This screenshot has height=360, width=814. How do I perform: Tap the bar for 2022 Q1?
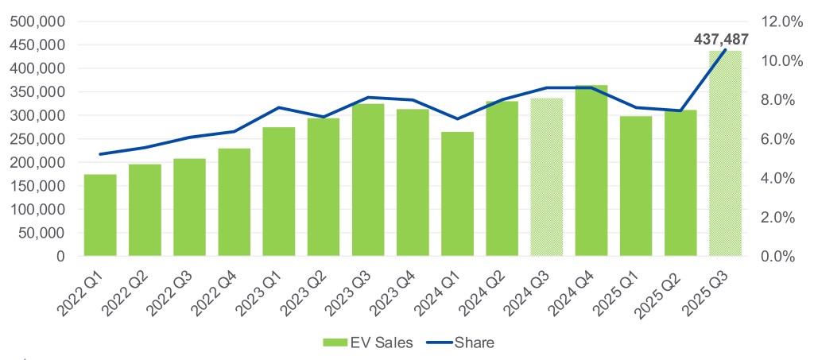(x=100, y=215)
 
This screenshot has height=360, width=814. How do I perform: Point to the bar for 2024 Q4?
(x=591, y=170)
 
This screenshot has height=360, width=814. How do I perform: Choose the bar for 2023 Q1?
(x=278, y=192)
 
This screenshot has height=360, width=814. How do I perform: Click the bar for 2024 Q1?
(x=457, y=194)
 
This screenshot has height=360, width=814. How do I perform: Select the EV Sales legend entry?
(x=358, y=343)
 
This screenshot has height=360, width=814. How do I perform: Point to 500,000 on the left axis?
(x=36, y=21)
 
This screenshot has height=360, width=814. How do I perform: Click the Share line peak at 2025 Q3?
(x=725, y=50)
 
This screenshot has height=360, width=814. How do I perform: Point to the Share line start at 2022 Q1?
(x=100, y=154)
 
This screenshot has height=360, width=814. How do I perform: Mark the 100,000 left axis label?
(x=36, y=210)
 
